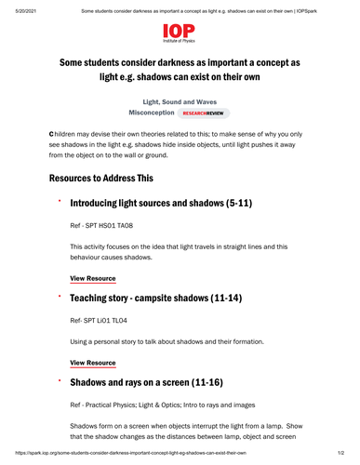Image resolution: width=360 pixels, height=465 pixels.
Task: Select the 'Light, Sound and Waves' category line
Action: tap(180, 100)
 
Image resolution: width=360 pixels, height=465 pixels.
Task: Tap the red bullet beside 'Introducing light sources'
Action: tap(59, 200)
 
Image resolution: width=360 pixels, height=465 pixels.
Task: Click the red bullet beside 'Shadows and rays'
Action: tap(59, 379)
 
